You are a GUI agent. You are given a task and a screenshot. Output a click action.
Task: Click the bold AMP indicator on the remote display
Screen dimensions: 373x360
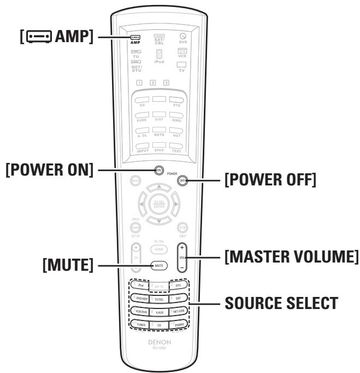(x=135, y=42)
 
